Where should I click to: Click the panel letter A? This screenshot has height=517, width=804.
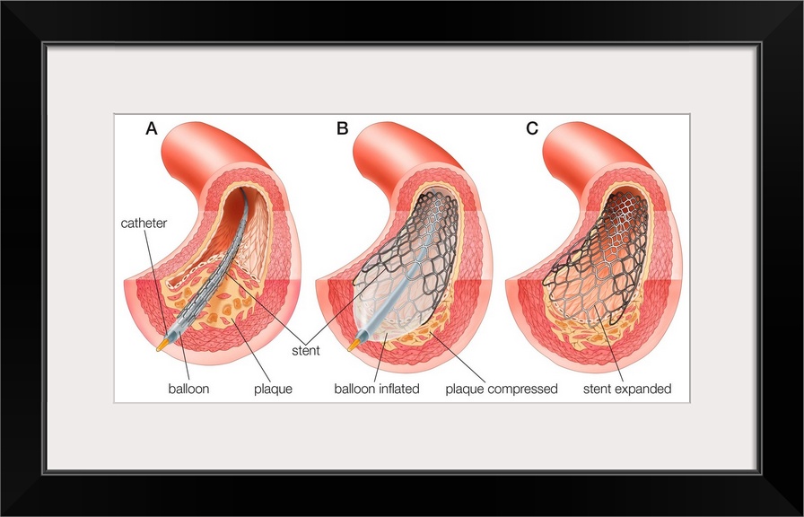pos(152,128)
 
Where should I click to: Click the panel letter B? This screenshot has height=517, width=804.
pos(342,128)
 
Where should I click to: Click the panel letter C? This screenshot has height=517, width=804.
pos(532,128)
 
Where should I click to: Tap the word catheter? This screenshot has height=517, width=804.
pos(144,223)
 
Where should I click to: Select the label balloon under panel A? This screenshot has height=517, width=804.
pos(189,389)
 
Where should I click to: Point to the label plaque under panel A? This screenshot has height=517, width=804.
pos(274,389)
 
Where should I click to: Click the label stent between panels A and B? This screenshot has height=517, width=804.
pos(304,350)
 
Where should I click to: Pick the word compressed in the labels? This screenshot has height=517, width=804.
pos(525,389)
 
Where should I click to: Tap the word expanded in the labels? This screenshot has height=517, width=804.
pos(643,389)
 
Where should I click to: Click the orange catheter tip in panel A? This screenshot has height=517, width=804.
pos(161,344)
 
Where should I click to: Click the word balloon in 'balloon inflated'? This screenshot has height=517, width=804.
pos(355,389)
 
